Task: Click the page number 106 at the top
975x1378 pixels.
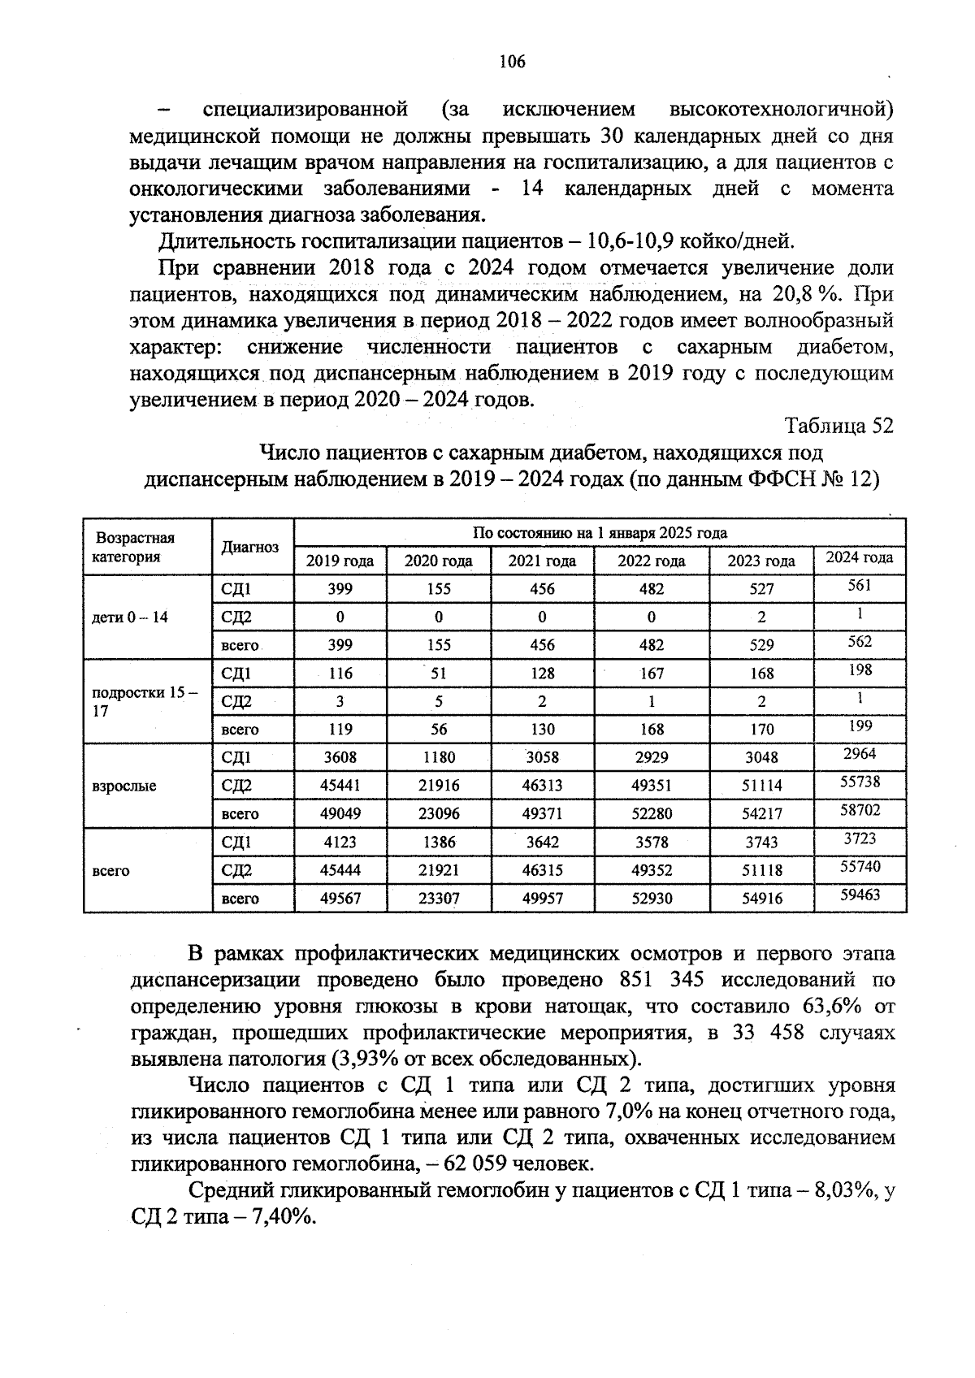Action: coord(513,62)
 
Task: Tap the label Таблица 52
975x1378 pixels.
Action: coord(839,426)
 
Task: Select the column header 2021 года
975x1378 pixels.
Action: coord(542,561)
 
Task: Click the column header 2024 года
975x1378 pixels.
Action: coord(860,557)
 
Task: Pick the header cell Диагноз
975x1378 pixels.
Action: coord(250,547)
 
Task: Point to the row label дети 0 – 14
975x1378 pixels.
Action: coord(130,617)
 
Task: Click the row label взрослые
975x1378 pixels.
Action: coord(124,786)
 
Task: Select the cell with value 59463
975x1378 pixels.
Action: coord(860,895)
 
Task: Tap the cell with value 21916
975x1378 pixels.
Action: coord(439,786)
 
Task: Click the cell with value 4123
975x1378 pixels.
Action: coord(340,843)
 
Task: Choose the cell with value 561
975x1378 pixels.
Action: coord(860,586)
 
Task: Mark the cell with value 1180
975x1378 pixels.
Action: coord(439,757)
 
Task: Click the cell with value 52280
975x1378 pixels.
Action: coord(652,814)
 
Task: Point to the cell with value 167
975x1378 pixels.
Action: coord(652,674)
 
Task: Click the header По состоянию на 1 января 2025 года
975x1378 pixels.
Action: coord(600,533)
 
